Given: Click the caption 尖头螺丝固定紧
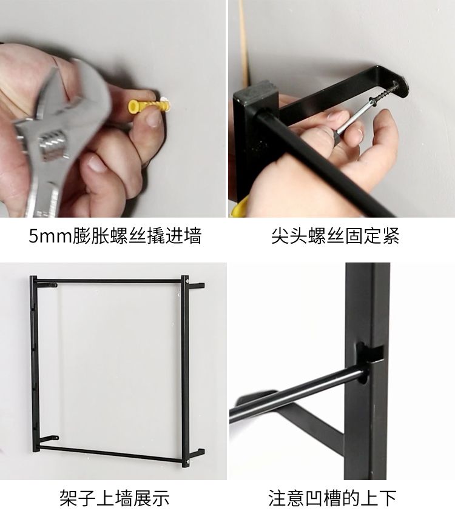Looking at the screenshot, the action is tap(335, 236).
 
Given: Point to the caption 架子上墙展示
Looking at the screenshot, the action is tap(115, 498).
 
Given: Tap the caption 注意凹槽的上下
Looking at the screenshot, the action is tap(332, 498).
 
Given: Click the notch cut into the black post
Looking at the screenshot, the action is tap(370, 353).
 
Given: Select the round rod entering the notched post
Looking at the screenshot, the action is tap(297, 394).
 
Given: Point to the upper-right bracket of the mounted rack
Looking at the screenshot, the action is tap(196, 286).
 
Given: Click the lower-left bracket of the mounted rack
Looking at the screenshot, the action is tap(48, 439).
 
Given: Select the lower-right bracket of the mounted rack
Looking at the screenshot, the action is tap(196, 453).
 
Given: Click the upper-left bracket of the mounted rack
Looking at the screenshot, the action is tap(47, 285).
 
